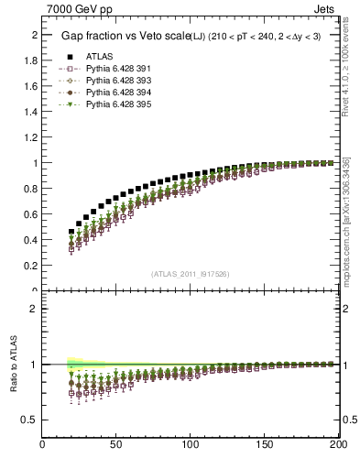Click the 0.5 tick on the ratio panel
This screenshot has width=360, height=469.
30,420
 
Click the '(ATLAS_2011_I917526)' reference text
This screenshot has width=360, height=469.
191,274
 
